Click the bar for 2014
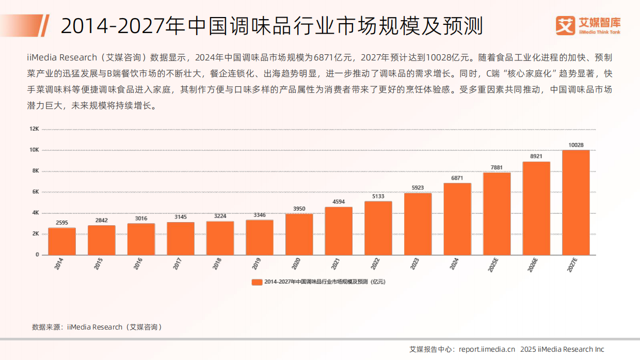(x=61, y=241)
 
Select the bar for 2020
(x=299, y=234)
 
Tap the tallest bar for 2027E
(x=575, y=202)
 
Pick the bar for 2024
(x=457, y=219)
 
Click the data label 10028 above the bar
(x=575, y=145)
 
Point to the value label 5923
(x=418, y=188)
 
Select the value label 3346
(x=260, y=215)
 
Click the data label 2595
(x=61, y=223)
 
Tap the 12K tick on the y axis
(x=34, y=129)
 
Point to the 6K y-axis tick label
(x=35, y=192)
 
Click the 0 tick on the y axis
(x=37, y=255)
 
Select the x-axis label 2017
(x=177, y=264)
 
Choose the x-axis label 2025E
(x=493, y=265)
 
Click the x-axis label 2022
(x=375, y=264)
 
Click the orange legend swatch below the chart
(x=257, y=282)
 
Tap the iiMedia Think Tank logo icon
(x=565, y=25)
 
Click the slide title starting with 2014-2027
(x=271, y=26)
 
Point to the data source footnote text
(x=97, y=327)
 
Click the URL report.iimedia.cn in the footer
(x=487, y=349)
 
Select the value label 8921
(x=536, y=156)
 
